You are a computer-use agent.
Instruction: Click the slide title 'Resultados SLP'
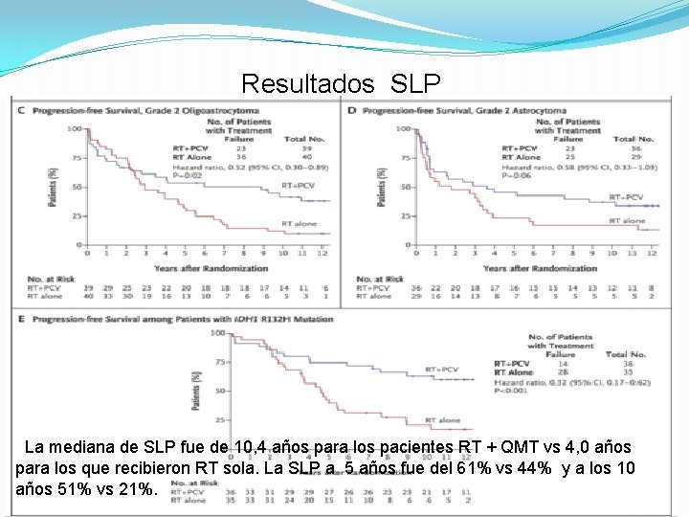pyautogui.click(x=341, y=84)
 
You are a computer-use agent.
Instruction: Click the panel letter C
pyautogui.click(x=21, y=110)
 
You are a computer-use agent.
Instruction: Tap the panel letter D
pyautogui.click(x=352, y=110)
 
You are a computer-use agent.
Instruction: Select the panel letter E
pyautogui.click(x=21, y=320)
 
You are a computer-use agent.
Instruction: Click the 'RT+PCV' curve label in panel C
pyautogui.click(x=298, y=184)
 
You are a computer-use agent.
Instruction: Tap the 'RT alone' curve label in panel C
pyautogui.click(x=299, y=223)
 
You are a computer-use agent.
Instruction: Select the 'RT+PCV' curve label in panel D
pyautogui.click(x=627, y=197)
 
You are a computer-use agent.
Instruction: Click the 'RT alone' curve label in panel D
pyautogui.click(x=627, y=221)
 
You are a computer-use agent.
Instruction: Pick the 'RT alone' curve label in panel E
pyautogui.click(x=442, y=420)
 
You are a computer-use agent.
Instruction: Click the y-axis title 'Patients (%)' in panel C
pyautogui.click(x=53, y=185)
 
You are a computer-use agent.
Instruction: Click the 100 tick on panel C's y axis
pyautogui.click(x=73, y=128)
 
